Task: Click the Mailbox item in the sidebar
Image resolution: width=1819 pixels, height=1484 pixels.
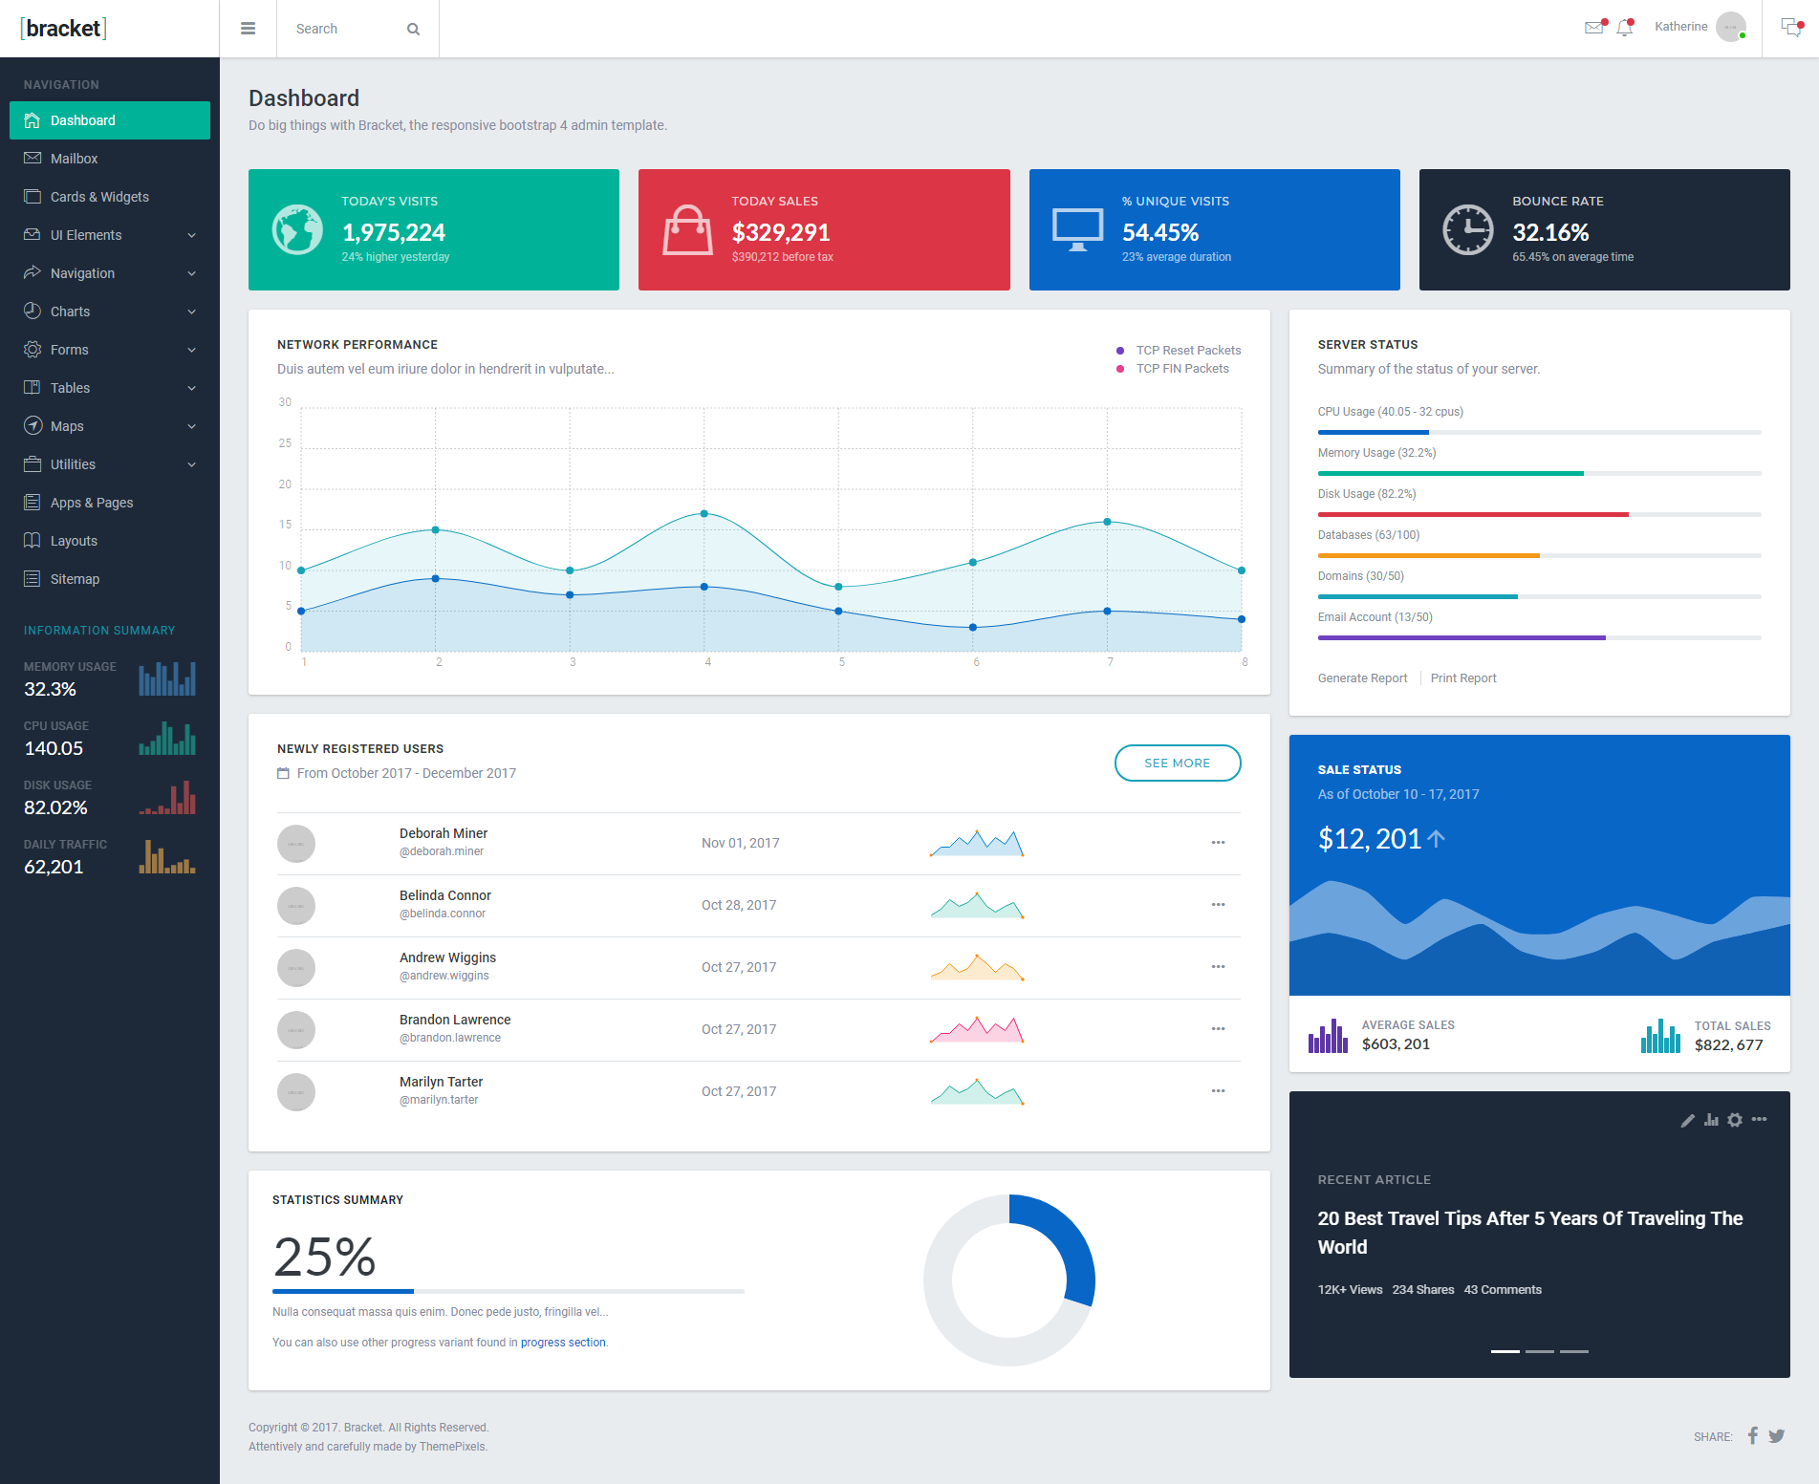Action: coord(74,159)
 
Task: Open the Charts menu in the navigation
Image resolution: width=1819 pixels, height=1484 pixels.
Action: coord(70,312)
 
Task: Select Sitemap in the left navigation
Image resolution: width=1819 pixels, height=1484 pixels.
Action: coord(75,579)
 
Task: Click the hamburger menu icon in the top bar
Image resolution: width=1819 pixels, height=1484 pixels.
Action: coord(249,29)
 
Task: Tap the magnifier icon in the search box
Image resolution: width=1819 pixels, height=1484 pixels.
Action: coord(413,29)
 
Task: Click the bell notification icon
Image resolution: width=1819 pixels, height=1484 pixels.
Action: coord(1625,27)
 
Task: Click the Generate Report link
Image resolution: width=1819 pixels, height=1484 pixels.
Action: coord(1362,678)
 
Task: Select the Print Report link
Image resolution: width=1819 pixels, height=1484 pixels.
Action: coord(1463,678)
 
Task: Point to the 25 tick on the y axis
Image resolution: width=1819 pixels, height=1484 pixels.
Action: coord(285,443)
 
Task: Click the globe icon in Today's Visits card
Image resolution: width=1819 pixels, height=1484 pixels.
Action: coord(297,229)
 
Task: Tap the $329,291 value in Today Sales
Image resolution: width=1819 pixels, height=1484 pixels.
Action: coord(781,232)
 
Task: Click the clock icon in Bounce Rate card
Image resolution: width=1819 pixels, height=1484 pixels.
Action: coord(1467,229)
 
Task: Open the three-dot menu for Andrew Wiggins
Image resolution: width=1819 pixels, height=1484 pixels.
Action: coord(1218,967)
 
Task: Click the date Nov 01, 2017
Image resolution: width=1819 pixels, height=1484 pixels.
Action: coord(741,843)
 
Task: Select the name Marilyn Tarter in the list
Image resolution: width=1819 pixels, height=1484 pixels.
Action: coord(441,1082)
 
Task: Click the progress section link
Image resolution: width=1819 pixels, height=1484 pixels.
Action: coord(563,1343)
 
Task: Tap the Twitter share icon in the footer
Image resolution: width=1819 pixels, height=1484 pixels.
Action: coord(1777,1435)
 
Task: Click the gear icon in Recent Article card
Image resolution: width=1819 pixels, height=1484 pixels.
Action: coord(1735,1120)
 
